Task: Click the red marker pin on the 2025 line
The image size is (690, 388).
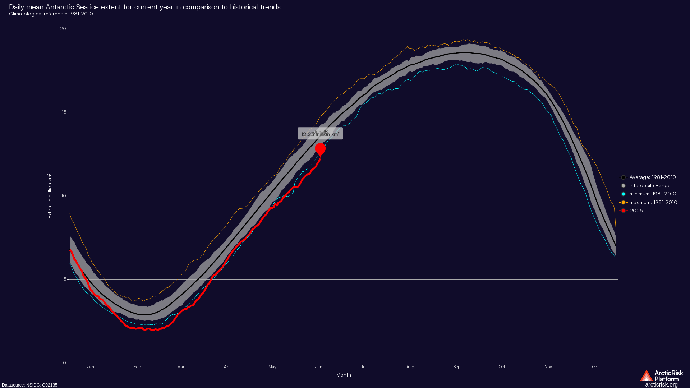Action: (x=320, y=149)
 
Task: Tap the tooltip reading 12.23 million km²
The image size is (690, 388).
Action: (x=320, y=134)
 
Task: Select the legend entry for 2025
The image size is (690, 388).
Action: (x=636, y=211)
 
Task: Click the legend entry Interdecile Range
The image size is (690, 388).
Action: (x=650, y=185)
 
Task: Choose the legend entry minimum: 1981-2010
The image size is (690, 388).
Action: (x=653, y=194)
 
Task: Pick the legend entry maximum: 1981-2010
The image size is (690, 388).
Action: (x=653, y=202)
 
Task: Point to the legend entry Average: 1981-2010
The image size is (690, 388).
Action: (x=652, y=177)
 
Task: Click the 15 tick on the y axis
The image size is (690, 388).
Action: (x=64, y=112)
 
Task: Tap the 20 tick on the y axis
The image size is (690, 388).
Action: (x=63, y=29)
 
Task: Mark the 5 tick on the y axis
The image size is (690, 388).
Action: (x=64, y=279)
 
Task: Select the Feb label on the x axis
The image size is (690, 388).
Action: (x=137, y=367)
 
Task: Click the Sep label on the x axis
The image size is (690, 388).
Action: (x=457, y=367)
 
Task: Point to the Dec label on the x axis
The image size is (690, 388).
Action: (x=593, y=367)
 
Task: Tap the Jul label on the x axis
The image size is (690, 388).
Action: (x=364, y=367)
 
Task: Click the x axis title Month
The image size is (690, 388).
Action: (x=344, y=375)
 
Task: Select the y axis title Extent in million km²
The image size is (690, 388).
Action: (x=50, y=196)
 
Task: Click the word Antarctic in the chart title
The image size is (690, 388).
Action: (x=60, y=7)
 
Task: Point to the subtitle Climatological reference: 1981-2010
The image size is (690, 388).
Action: (x=51, y=14)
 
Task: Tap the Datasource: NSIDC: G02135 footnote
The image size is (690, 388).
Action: (x=29, y=385)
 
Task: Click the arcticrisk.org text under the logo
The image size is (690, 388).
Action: (x=661, y=385)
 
